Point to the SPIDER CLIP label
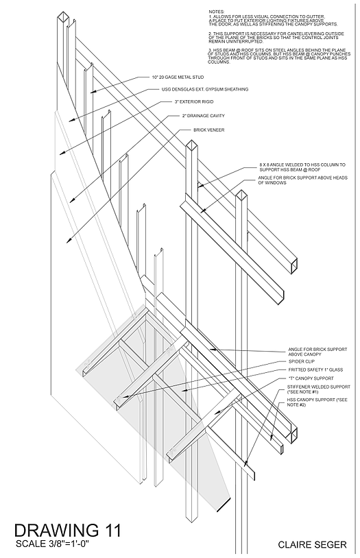293,361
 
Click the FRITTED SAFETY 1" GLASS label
304,369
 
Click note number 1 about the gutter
274,20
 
